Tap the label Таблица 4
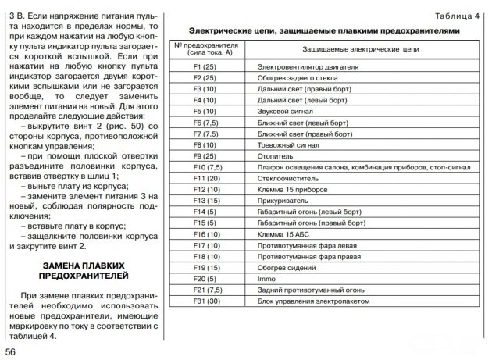tap(457, 15)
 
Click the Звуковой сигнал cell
tap(286, 112)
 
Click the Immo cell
tap(268, 279)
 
